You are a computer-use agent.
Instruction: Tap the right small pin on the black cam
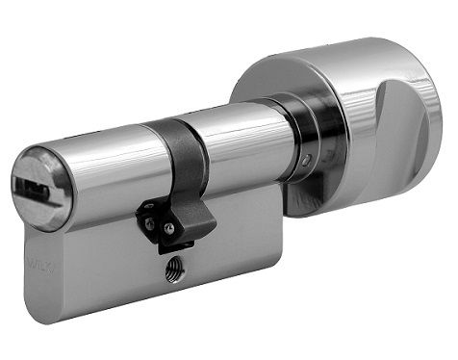pyautogui.click(x=169, y=228)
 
